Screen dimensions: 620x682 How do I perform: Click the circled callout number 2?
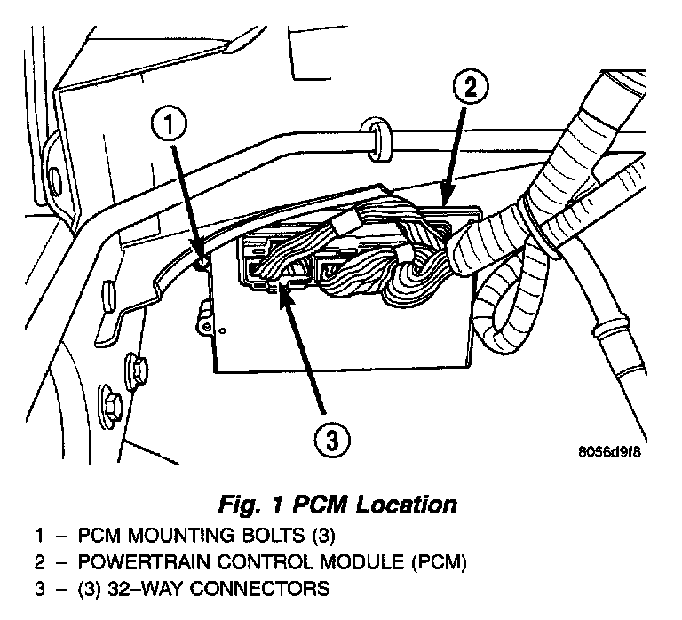tap(471, 89)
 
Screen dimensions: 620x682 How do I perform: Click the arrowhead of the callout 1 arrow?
tap(202, 258)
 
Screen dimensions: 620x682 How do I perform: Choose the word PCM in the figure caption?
tap(318, 505)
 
